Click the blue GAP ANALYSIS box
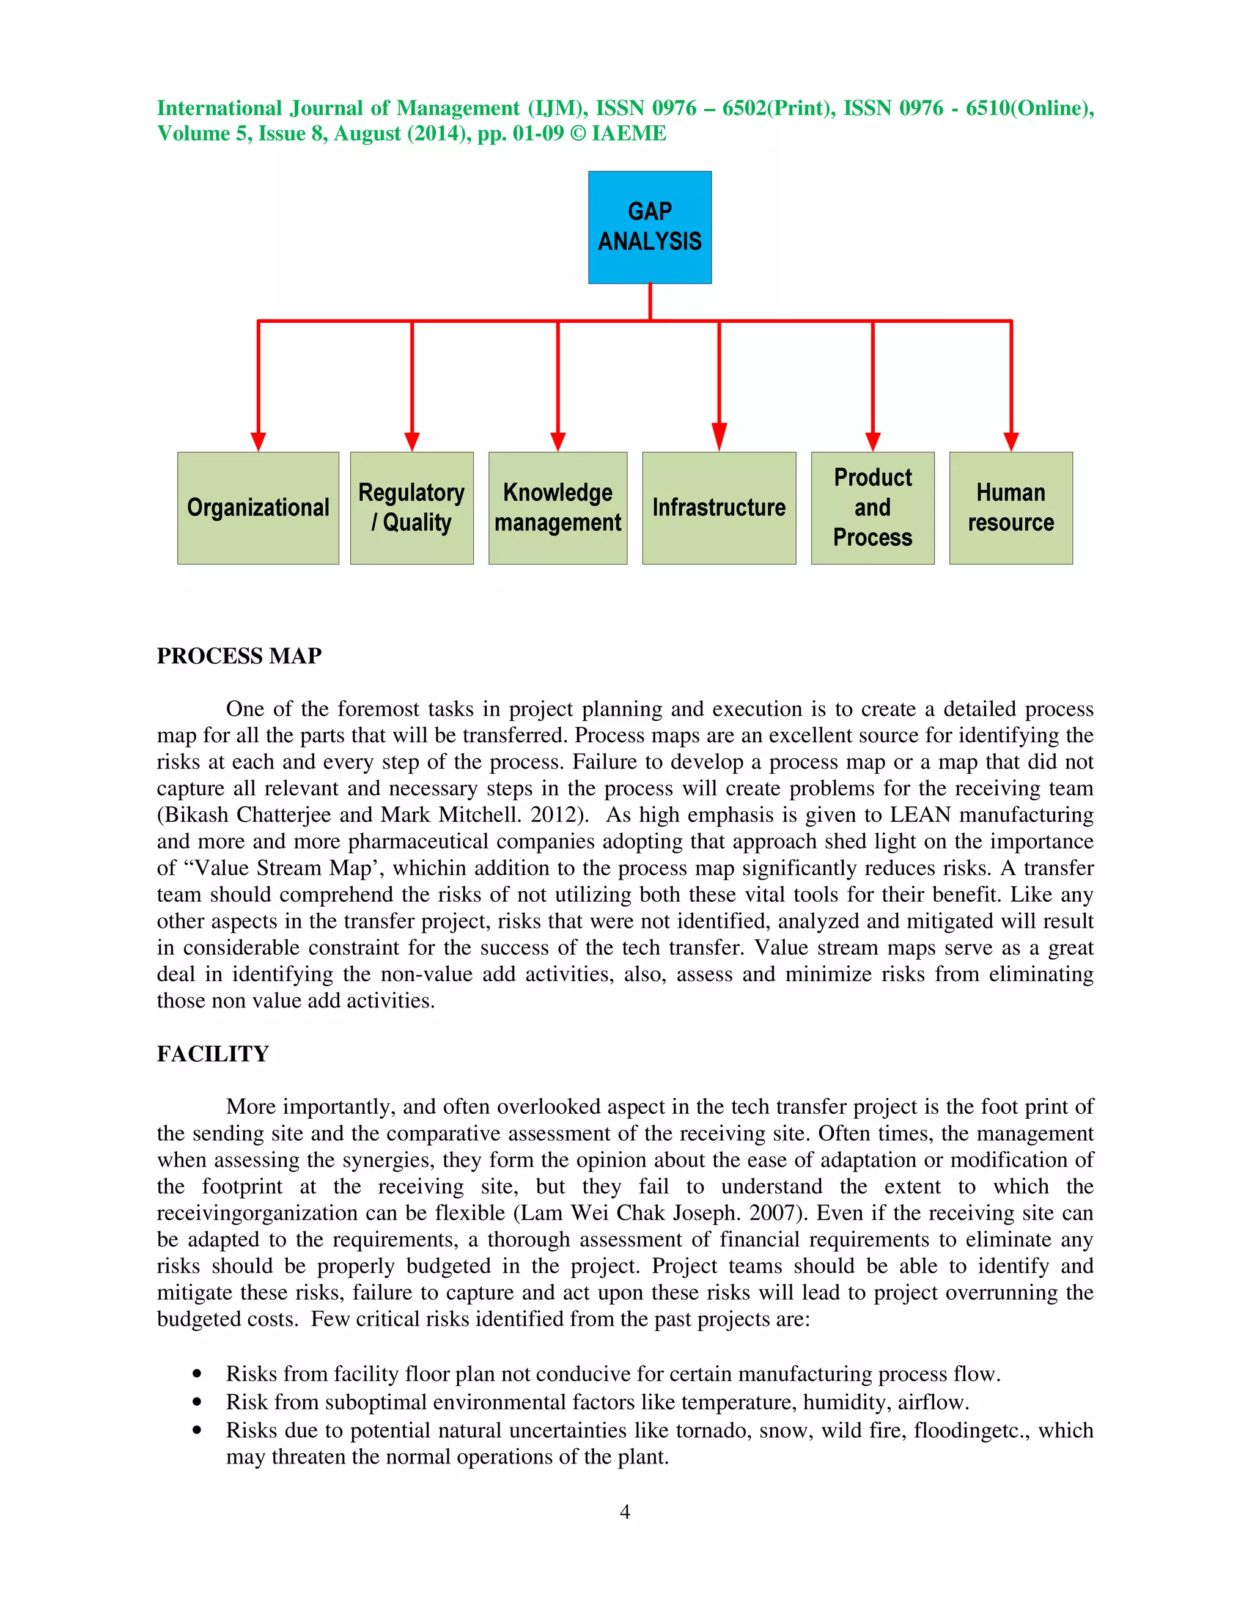(x=650, y=227)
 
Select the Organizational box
(x=258, y=508)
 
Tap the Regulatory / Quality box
(x=411, y=508)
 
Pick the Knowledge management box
(x=558, y=508)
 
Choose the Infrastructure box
(x=719, y=508)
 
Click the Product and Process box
(x=872, y=508)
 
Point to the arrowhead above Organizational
(x=258, y=441)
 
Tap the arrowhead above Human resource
(x=1011, y=441)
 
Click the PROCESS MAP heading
(x=239, y=656)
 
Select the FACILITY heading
(x=213, y=1053)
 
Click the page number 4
(x=625, y=1511)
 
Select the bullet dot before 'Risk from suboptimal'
(x=197, y=1402)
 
